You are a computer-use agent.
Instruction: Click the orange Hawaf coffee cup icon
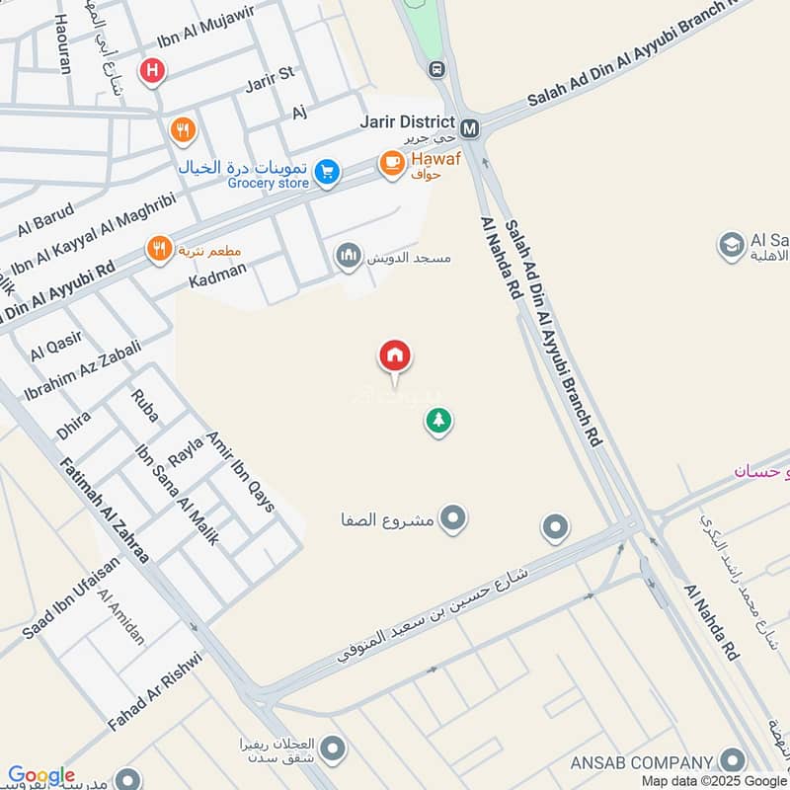pyautogui.click(x=392, y=163)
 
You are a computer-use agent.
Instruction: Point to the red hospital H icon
pyautogui.click(x=152, y=70)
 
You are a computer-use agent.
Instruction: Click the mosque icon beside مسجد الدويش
pyautogui.click(x=348, y=258)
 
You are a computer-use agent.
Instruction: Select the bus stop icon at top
pyautogui.click(x=436, y=69)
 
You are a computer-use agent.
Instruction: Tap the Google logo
pyautogui.click(x=40, y=776)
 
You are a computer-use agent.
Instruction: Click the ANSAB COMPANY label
pyautogui.click(x=641, y=762)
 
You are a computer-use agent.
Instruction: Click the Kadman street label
pyautogui.click(x=216, y=277)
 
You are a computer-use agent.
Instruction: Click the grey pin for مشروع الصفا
pyautogui.click(x=453, y=516)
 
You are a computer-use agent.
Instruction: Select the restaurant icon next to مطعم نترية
pyautogui.click(x=158, y=249)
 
